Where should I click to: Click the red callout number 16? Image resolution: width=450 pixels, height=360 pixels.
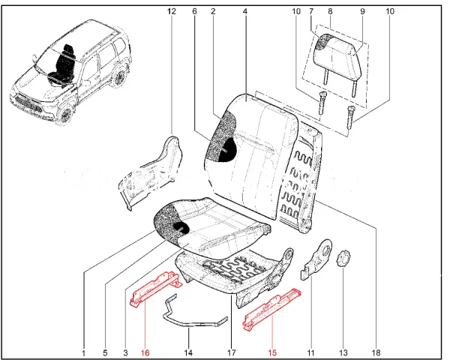(x=145, y=352)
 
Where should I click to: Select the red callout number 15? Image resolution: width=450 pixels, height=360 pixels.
(x=272, y=352)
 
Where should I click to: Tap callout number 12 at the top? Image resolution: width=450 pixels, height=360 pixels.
(x=171, y=11)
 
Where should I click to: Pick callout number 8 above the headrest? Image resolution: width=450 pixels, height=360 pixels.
(x=330, y=11)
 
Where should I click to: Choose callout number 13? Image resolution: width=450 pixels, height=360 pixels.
(x=344, y=352)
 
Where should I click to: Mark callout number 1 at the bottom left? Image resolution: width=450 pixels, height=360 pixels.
(x=84, y=352)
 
